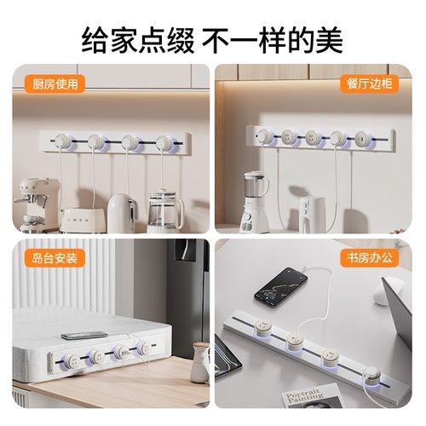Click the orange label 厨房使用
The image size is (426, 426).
(x=44, y=83)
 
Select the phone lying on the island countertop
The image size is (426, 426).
(x=84, y=335)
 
